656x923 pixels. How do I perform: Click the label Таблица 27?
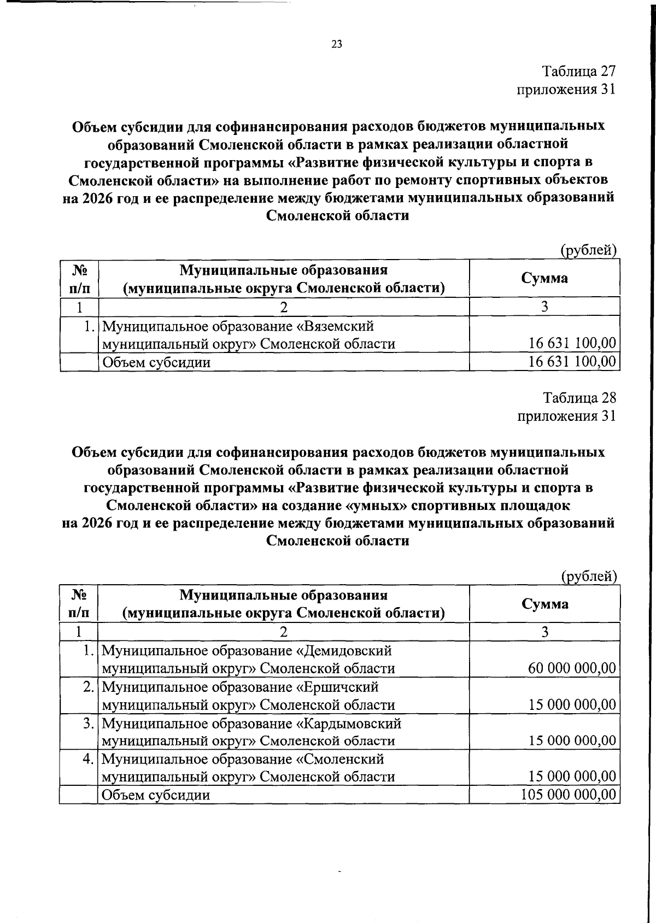[x=579, y=72]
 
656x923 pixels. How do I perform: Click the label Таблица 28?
[x=579, y=398]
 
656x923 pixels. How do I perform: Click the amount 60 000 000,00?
[x=572, y=668]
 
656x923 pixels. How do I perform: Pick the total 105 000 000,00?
[x=569, y=794]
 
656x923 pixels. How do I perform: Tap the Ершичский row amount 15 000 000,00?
[x=572, y=704]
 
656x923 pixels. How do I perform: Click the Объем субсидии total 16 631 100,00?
[x=572, y=361]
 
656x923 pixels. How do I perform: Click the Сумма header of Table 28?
[x=544, y=604]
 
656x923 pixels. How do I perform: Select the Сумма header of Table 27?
[x=544, y=278]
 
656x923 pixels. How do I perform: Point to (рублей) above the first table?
[x=589, y=251]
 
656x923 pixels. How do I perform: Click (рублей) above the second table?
[x=589, y=576]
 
